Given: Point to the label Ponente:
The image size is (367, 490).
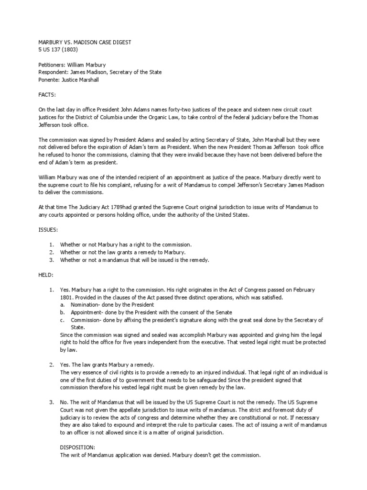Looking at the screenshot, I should click(x=49, y=80).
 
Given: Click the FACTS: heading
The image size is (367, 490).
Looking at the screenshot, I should click(x=47, y=95).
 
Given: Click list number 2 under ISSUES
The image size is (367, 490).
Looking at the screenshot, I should click(x=51, y=252).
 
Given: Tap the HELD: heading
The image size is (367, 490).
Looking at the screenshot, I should click(x=46, y=275).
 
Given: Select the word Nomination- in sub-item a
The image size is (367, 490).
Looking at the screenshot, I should click(x=86, y=305).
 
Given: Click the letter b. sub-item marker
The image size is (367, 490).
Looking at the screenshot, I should click(x=62, y=312).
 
